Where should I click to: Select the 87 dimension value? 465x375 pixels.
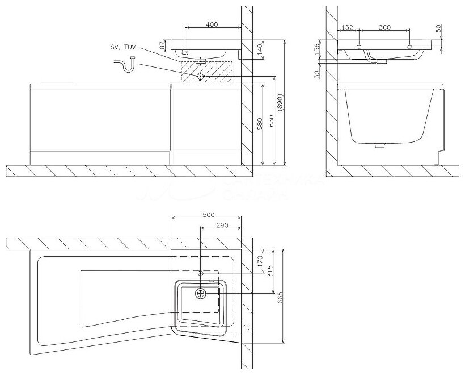pyautogui.click(x=162, y=44)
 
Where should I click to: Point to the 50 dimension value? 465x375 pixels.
pyautogui.click(x=439, y=29)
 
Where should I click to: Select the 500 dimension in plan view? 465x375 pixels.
pyautogui.click(x=208, y=215)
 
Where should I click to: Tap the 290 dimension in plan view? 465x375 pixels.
pyautogui.click(x=222, y=226)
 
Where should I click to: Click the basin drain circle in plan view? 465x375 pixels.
pyautogui.click(x=201, y=293)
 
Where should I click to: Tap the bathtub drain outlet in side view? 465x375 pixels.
pyautogui.click(x=380, y=145)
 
